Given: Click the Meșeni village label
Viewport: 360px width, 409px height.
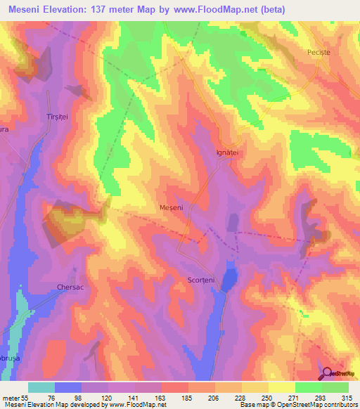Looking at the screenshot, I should click(172, 209).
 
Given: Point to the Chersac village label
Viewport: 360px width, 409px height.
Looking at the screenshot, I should click(70, 287).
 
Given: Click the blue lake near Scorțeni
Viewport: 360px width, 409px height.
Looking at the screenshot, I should click(228, 280).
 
